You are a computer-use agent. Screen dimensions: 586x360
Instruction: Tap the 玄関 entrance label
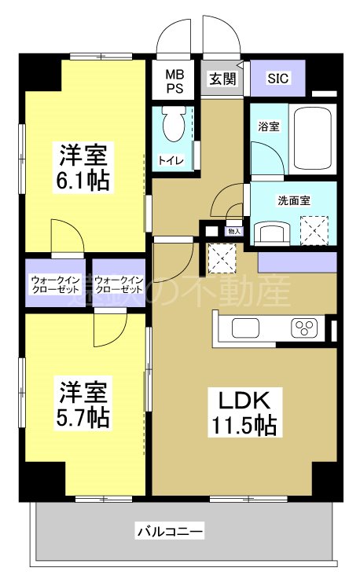pyautogui.click(x=222, y=79)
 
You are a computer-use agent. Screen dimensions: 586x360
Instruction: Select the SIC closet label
pyautogui.click(x=277, y=79)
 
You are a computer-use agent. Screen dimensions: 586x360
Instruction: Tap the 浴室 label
pyautogui.click(x=268, y=126)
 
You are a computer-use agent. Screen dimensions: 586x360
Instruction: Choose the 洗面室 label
pyautogui.click(x=293, y=200)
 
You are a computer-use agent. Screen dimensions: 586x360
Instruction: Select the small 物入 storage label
pyautogui.click(x=234, y=231)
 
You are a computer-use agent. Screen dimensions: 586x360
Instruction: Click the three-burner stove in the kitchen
pyautogui.click(x=304, y=327)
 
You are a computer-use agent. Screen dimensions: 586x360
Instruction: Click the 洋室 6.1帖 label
pyautogui.click(x=83, y=167)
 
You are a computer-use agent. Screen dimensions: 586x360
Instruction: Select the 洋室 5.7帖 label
pyautogui.click(x=83, y=401)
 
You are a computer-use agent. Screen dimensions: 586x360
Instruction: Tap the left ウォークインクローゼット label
pyautogui.click(x=56, y=284)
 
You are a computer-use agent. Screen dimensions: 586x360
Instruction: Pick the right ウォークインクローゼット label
pyautogui.click(x=119, y=284)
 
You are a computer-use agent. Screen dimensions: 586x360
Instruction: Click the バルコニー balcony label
pyautogui.click(x=170, y=532)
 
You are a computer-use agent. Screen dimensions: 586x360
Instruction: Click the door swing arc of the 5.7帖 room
pyautogui.click(x=108, y=328)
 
